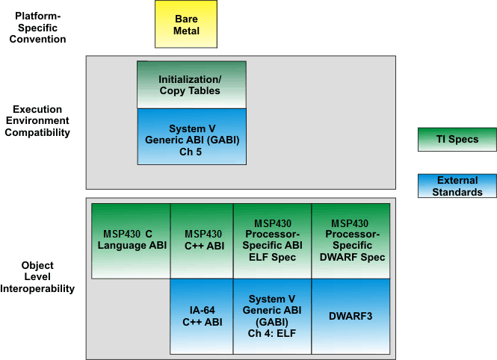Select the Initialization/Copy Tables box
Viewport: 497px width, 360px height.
[x=191, y=84]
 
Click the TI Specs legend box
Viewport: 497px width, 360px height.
[x=457, y=140]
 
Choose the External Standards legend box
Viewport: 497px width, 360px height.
[x=457, y=186]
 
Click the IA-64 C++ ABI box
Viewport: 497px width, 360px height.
[x=202, y=316]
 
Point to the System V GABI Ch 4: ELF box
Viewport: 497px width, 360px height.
[x=272, y=316]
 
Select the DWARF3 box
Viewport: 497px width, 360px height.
[x=350, y=316]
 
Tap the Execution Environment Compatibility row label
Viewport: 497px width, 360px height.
[x=37, y=121]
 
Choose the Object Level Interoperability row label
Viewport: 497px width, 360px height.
[x=37, y=277]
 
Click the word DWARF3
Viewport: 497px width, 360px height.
[x=350, y=316]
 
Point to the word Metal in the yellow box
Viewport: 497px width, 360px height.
[x=187, y=31]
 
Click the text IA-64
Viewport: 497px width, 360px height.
[x=203, y=311]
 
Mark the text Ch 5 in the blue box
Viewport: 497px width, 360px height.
[x=192, y=152]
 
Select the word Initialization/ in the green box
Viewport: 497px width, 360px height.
[x=190, y=79]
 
